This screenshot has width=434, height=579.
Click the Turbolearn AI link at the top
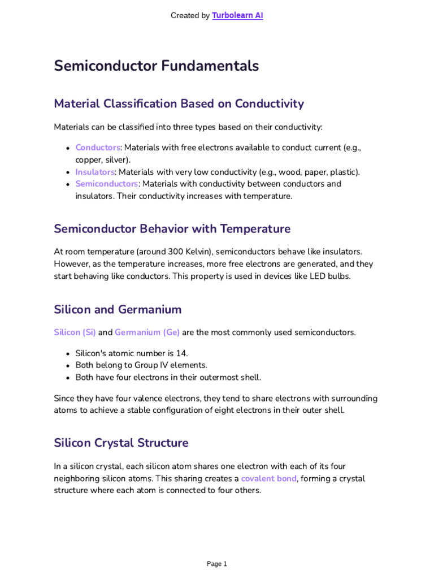237,16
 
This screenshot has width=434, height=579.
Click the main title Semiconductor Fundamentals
157,66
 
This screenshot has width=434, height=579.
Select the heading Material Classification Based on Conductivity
179,104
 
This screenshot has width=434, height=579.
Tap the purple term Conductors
98,148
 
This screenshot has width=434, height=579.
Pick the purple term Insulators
95,172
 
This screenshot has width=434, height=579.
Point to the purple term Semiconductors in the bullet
106,184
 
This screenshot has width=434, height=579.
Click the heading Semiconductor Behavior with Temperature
172,229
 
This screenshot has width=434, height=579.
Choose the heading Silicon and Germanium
118,310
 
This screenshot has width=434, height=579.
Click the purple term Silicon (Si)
75,332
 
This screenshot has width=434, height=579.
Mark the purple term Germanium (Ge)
147,332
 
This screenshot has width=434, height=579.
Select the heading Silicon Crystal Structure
121,443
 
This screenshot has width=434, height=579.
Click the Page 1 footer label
216,564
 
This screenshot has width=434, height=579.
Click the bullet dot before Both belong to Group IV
68,366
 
